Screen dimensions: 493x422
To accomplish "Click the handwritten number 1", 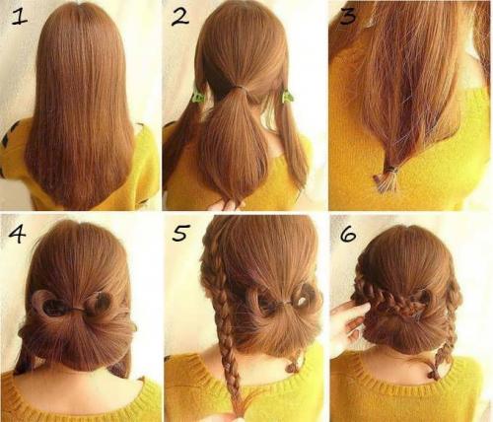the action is click(x=20, y=17).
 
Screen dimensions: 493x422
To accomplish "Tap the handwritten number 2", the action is click(x=180, y=18).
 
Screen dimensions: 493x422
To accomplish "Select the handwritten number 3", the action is click(x=348, y=17).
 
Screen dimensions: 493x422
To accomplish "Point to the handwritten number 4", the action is click(x=17, y=234).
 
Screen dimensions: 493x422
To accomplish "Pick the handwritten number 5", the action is click(x=180, y=233).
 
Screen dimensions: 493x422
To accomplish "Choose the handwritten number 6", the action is click(x=348, y=234).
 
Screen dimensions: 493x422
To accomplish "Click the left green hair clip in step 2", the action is click(x=199, y=96).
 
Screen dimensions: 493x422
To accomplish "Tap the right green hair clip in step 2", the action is click(x=287, y=98).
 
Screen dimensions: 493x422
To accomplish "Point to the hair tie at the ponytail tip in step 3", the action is click(x=391, y=170).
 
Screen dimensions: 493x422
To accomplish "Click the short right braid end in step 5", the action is click(x=293, y=364).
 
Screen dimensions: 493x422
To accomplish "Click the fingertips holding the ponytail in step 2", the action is click(x=227, y=205).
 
